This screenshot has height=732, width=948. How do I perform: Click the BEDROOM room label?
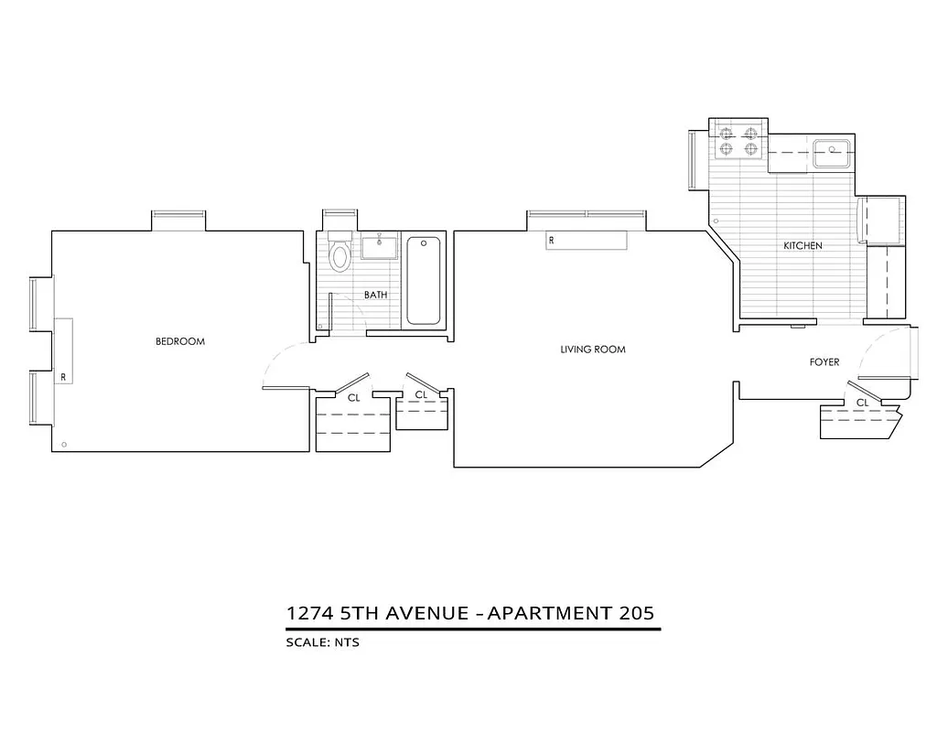[x=180, y=341]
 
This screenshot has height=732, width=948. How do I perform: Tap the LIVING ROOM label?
[x=593, y=350]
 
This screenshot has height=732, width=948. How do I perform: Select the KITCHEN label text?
[x=803, y=246]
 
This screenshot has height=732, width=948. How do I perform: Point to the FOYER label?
[x=824, y=362]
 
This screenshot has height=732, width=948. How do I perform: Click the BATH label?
[x=375, y=295]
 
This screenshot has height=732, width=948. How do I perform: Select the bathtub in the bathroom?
[x=423, y=280]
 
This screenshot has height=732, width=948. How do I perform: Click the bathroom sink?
[x=378, y=247]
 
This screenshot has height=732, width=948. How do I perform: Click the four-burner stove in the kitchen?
[x=739, y=140]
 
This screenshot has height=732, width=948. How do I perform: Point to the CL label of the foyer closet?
[x=862, y=403]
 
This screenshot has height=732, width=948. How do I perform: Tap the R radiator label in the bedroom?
[x=63, y=376]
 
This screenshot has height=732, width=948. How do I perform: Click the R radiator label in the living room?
[x=552, y=241]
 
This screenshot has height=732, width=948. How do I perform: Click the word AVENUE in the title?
[x=423, y=612]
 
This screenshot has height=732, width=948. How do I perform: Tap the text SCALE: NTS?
[x=323, y=642]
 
